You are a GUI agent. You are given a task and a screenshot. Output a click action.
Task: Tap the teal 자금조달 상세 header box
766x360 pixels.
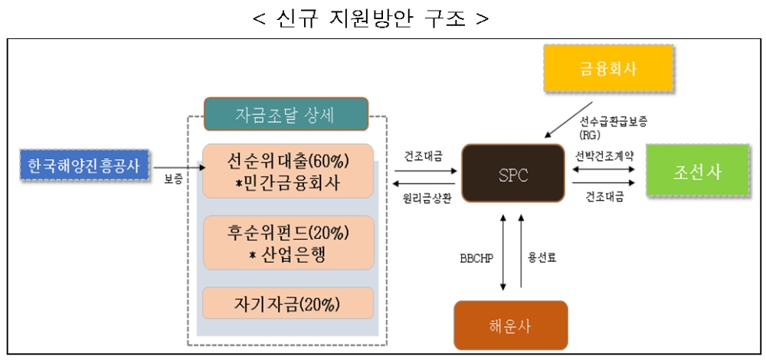[286, 114]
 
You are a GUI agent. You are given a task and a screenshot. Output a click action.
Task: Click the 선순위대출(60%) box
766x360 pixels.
[287, 169]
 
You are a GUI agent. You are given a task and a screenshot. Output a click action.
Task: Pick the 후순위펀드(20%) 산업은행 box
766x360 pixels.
[287, 243]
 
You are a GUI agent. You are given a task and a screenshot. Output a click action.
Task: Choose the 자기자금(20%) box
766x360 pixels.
[287, 303]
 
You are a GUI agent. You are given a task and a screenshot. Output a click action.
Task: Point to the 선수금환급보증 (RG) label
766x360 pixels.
[613, 125]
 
